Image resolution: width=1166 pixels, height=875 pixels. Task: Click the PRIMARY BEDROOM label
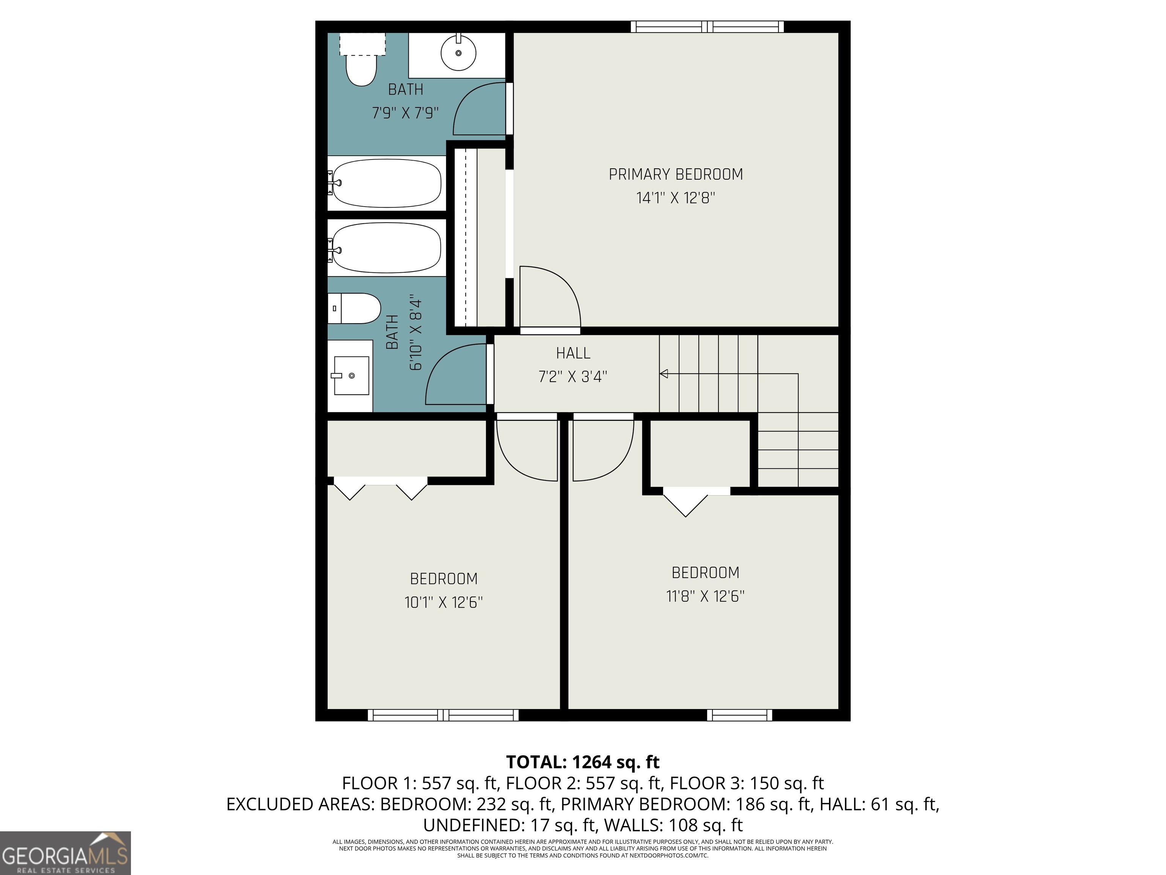tap(676, 175)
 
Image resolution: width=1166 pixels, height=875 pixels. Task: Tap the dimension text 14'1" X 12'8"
tap(676, 198)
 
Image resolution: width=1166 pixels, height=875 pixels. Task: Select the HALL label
tap(573, 353)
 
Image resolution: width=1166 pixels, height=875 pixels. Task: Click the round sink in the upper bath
tap(458, 53)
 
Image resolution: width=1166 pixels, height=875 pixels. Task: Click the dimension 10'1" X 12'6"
tap(443, 602)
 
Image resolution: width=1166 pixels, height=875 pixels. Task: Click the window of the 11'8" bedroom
tap(739, 715)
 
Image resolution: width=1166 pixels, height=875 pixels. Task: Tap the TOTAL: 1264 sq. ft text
tap(583, 762)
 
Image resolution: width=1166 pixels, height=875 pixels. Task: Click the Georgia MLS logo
tap(65, 853)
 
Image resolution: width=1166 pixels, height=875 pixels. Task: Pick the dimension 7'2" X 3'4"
tap(573, 377)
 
